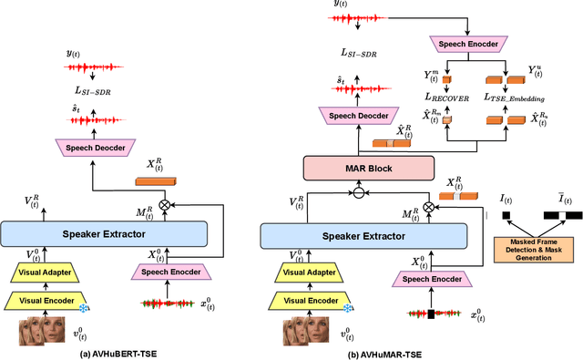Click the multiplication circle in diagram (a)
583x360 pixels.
coord(164,206)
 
